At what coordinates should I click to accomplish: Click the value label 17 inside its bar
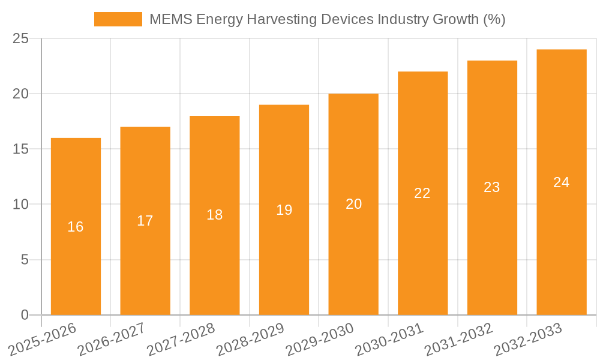click(x=145, y=221)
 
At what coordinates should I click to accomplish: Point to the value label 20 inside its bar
click(x=353, y=204)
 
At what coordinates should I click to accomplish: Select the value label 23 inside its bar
click(x=492, y=187)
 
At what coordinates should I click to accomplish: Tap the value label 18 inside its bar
click(x=214, y=215)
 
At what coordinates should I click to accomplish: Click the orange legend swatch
click(x=118, y=19)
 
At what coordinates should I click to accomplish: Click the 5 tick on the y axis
click(x=25, y=260)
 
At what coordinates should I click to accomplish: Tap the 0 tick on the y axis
click(x=25, y=315)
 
